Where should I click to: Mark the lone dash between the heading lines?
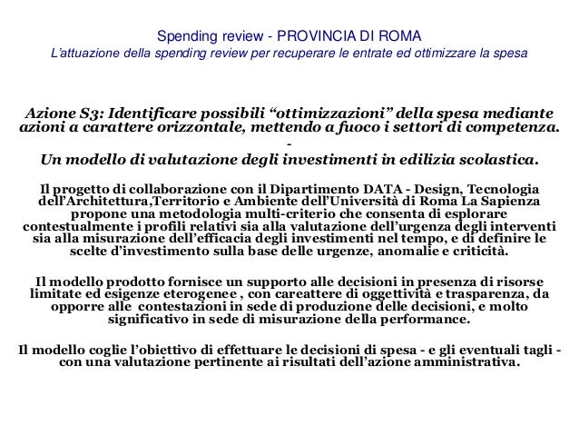click(289, 146)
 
